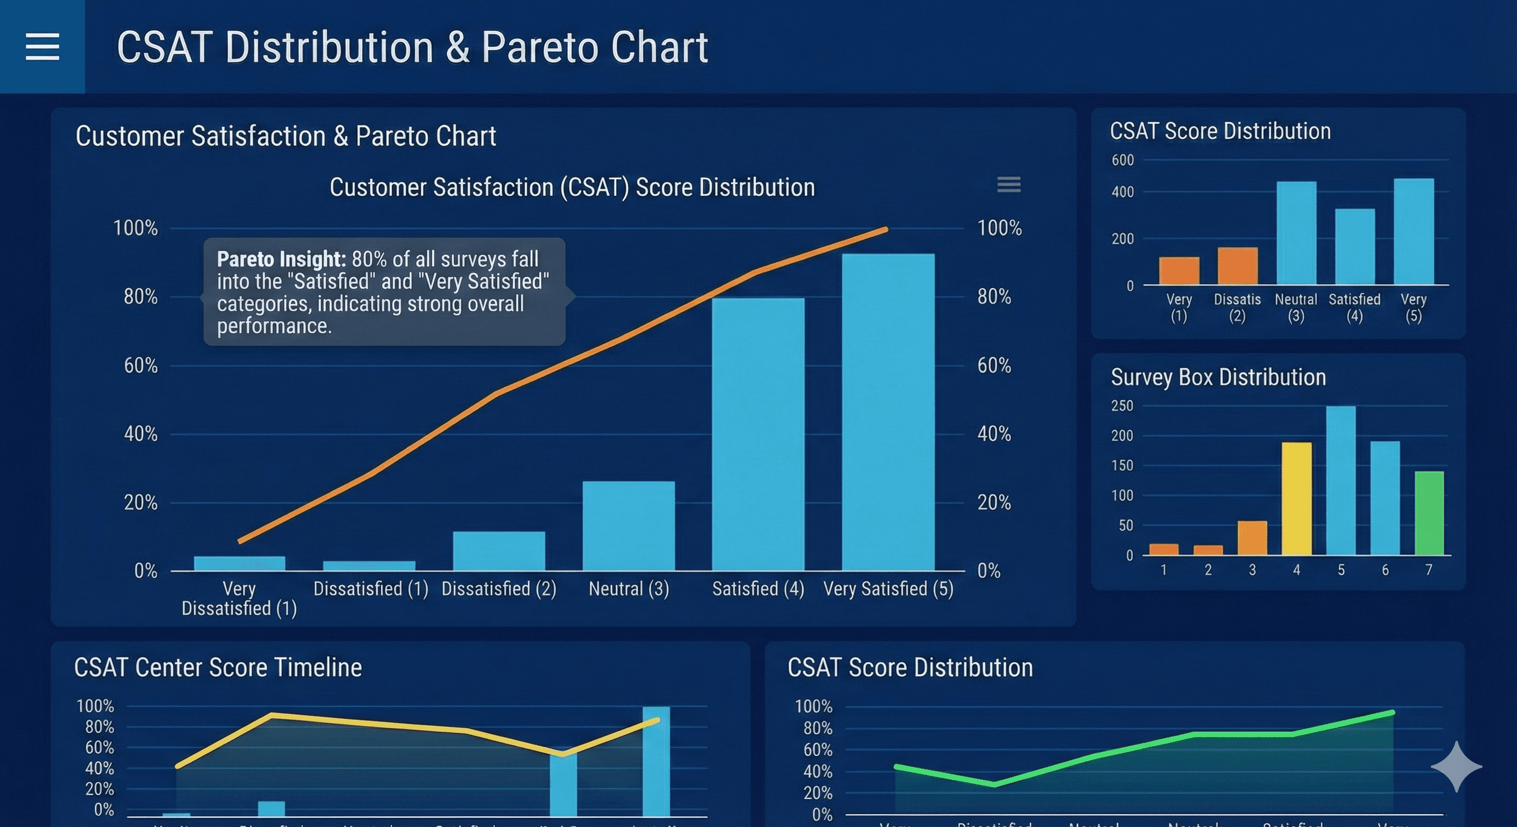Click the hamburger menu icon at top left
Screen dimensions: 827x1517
(x=43, y=46)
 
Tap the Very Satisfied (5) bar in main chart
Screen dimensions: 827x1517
(x=887, y=412)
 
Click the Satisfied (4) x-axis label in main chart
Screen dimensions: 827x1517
(x=758, y=588)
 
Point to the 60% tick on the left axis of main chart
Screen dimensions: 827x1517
(x=141, y=366)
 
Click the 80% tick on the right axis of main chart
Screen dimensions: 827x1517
(x=994, y=297)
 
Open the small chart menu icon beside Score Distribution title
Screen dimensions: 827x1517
(x=1008, y=185)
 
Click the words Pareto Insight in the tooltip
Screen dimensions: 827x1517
(x=281, y=259)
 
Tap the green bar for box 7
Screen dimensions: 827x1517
(x=1429, y=513)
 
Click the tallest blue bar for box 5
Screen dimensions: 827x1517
(x=1340, y=480)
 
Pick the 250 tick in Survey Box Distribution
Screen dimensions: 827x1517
(x=1122, y=405)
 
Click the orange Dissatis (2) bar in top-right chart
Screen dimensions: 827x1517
(x=1237, y=266)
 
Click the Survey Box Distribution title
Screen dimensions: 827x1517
(x=1218, y=377)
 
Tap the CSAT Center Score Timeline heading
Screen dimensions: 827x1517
(x=218, y=668)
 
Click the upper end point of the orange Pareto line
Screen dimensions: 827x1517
(x=885, y=229)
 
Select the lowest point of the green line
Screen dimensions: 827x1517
(x=994, y=784)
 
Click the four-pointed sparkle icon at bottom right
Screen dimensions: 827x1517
(x=1456, y=766)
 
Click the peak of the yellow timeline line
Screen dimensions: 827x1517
(x=272, y=715)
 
